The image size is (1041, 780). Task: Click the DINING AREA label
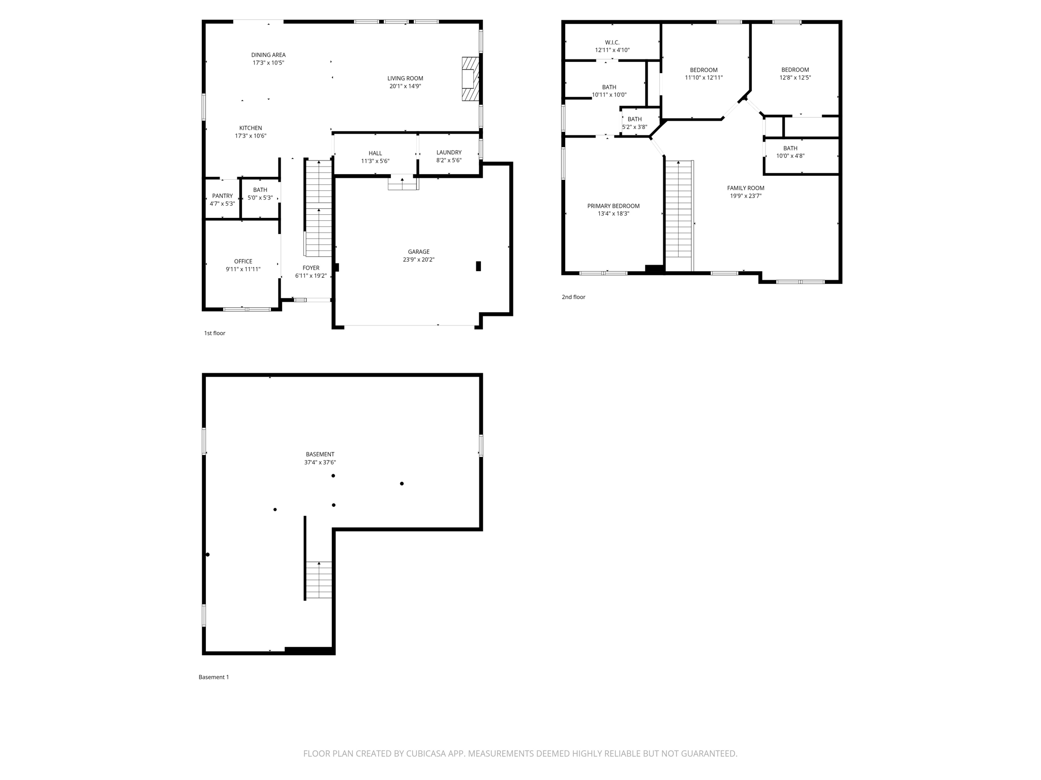click(x=268, y=55)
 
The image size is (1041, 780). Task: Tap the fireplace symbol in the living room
click(x=470, y=79)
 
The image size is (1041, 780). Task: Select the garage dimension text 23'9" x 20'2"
click(x=418, y=259)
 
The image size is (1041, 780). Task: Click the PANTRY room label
click(x=222, y=196)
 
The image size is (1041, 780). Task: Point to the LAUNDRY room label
click(x=448, y=152)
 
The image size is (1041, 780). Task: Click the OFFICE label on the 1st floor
click(x=243, y=262)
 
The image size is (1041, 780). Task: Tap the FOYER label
click(x=311, y=268)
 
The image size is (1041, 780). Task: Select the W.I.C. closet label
click(x=612, y=43)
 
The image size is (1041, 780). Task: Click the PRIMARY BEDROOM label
click(x=613, y=206)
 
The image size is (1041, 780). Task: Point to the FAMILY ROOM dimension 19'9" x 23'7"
click(x=745, y=196)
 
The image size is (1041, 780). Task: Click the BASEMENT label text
click(x=320, y=454)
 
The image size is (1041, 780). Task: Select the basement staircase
click(x=319, y=580)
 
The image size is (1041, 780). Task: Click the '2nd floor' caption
click(x=573, y=297)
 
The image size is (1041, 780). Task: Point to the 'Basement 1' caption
click(x=213, y=677)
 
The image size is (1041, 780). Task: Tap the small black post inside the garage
click(x=478, y=266)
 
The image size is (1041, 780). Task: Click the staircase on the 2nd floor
click(x=679, y=216)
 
